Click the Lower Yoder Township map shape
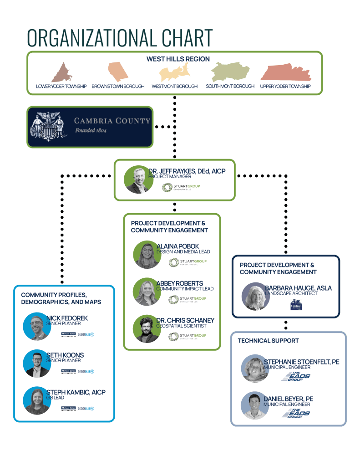click(x=61, y=73)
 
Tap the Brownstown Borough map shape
click(x=117, y=72)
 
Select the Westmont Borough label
click(x=174, y=87)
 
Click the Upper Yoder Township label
click(x=285, y=87)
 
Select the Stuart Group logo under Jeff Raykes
click(x=181, y=187)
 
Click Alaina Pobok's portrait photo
click(x=147, y=254)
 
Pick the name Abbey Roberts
click(x=179, y=283)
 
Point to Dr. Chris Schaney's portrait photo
click(x=147, y=329)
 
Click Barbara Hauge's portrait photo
click(x=255, y=296)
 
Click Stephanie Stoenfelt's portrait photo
click(x=254, y=368)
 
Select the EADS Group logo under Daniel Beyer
click(x=296, y=414)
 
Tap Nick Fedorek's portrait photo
click(x=37, y=326)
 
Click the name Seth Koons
click(x=65, y=355)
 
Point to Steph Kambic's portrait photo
click(x=37, y=400)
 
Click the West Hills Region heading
click(x=178, y=59)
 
